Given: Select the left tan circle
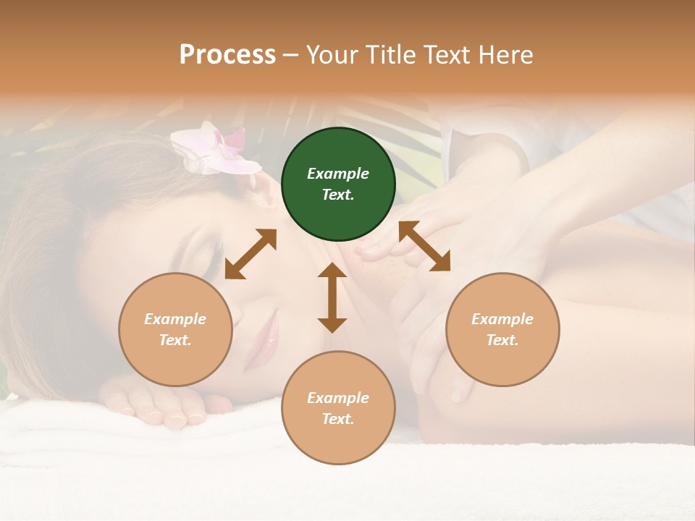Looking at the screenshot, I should tap(175, 329).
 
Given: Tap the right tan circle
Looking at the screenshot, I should tap(502, 329).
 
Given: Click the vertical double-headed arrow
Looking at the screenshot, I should tap(332, 297).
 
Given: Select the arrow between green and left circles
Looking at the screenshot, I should tap(250, 254).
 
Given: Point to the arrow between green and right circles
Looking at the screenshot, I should tap(424, 246).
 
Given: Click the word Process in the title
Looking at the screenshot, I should tap(227, 55).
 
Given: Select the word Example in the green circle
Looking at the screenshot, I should tap(338, 174).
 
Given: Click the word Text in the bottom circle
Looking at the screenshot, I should tap(337, 419).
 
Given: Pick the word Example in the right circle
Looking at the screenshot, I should tap(502, 319).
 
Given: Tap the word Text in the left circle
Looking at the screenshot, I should tap(174, 340).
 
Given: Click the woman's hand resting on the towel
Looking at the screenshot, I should tap(156, 405).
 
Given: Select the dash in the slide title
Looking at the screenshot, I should tap(291, 55).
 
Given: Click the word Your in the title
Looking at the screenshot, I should tap(332, 55).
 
